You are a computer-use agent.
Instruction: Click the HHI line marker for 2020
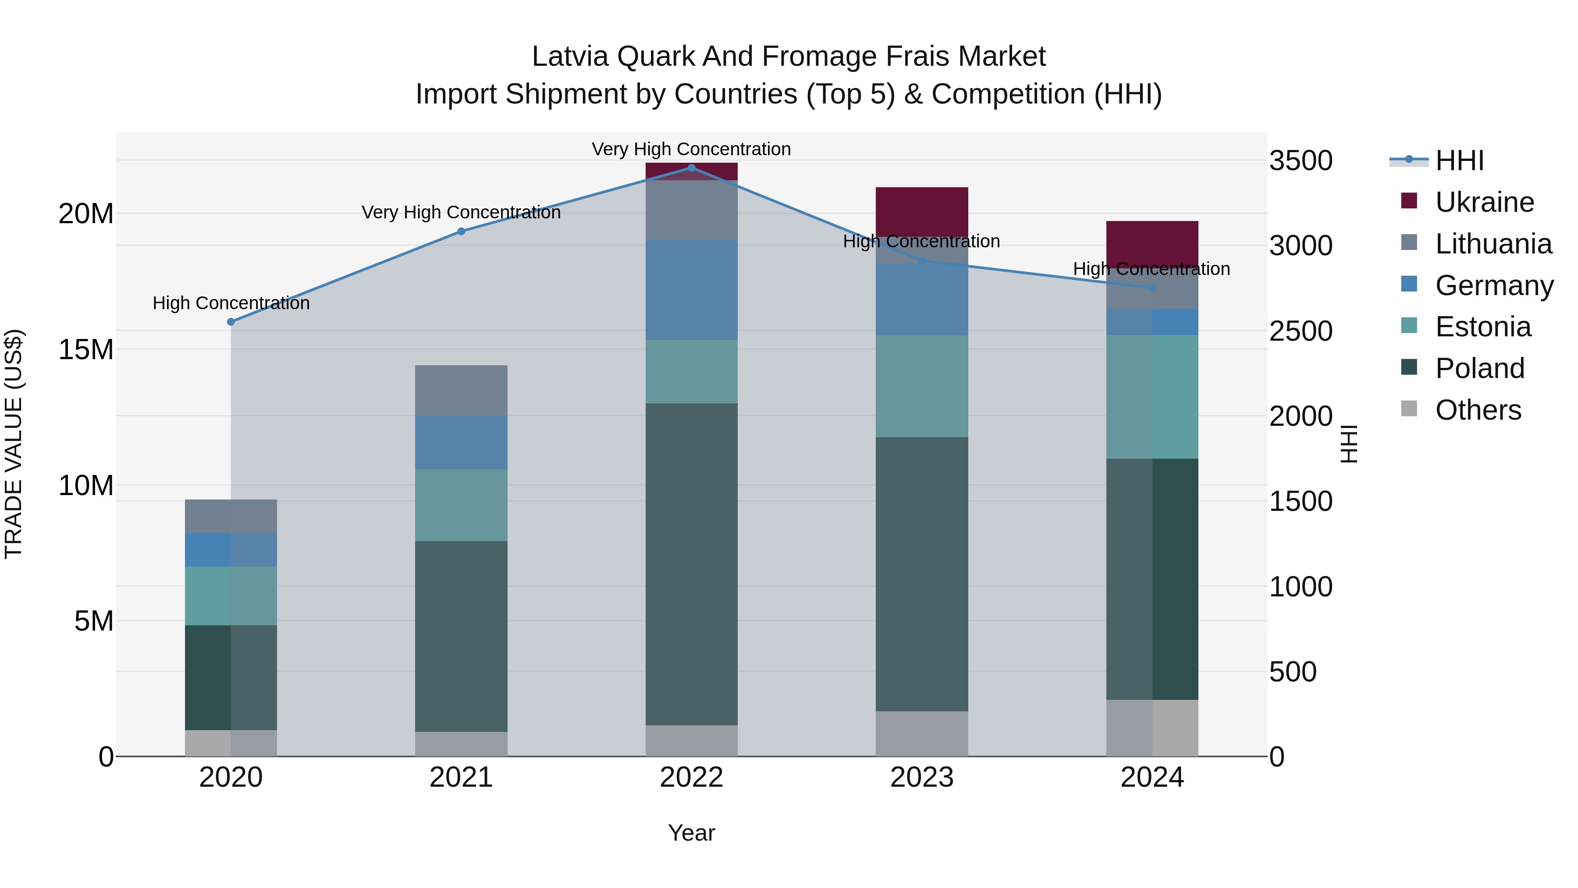[231, 322]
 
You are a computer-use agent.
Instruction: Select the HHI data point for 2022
[692, 168]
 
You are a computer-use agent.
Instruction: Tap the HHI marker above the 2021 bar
[461, 231]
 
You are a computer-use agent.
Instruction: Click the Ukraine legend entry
[1484, 202]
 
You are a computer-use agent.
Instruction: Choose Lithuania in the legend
[1493, 244]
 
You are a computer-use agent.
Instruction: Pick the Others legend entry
[1478, 410]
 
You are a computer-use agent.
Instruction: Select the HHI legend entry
[1459, 160]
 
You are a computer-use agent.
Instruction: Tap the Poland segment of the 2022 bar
[692, 564]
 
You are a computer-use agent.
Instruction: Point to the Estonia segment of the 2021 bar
[461, 505]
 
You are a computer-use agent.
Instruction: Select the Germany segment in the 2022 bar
[692, 289]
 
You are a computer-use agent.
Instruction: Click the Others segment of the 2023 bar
[922, 734]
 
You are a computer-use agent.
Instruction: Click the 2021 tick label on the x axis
[461, 777]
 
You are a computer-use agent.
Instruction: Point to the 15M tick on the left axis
[86, 349]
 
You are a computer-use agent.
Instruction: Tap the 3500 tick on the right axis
[1301, 160]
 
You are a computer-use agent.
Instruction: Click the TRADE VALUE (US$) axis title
[14, 444]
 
